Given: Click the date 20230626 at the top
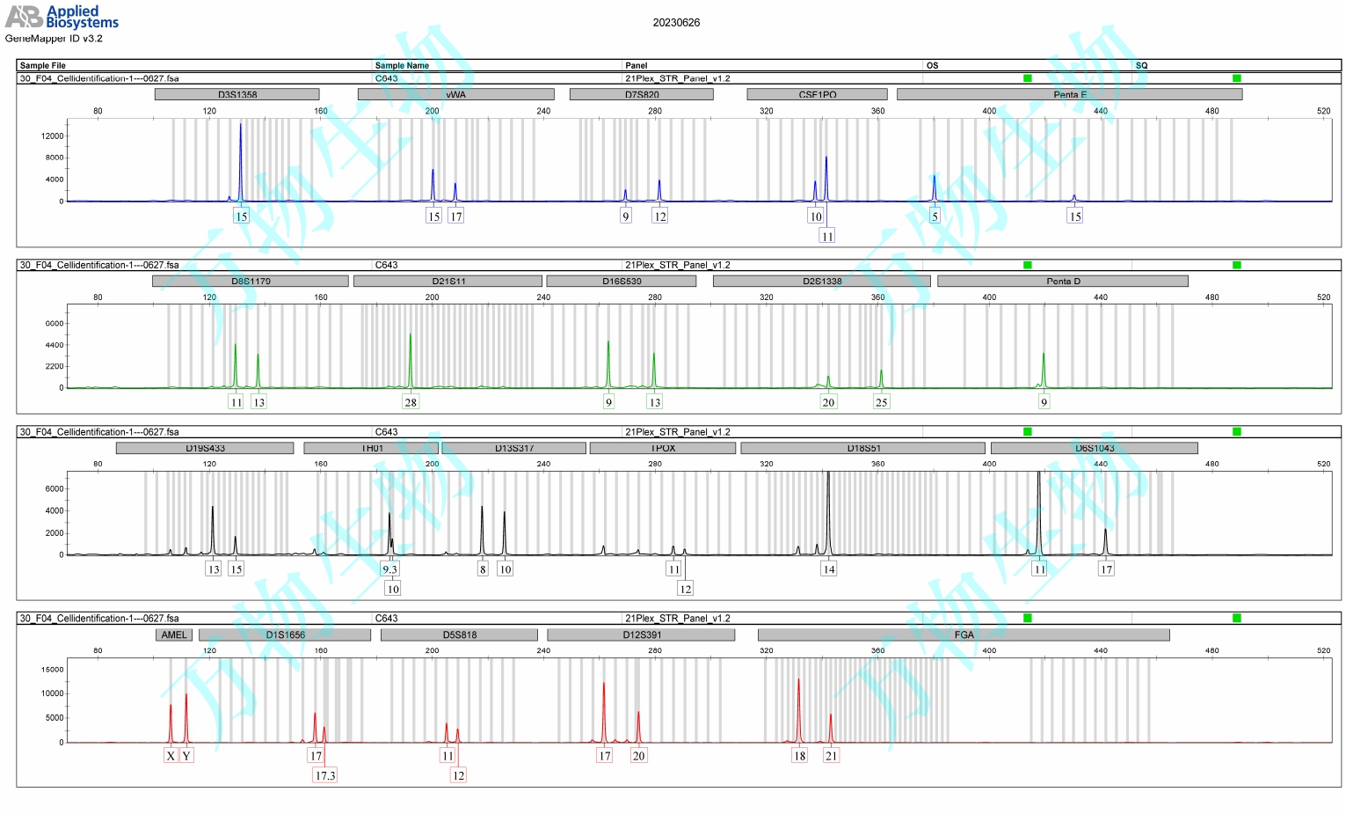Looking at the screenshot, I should click(676, 23).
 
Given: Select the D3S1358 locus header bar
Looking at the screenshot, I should click(237, 94).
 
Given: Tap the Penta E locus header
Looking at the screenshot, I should click(1069, 94).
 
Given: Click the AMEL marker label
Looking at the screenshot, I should click(174, 634).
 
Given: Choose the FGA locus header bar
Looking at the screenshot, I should click(964, 634).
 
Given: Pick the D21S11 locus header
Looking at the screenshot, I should click(448, 281).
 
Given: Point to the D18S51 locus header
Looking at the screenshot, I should click(862, 448).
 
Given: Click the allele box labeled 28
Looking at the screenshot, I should click(411, 402).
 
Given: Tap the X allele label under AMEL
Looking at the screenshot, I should click(171, 756).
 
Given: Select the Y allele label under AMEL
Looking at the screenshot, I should click(186, 756).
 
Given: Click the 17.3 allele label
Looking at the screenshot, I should click(325, 775).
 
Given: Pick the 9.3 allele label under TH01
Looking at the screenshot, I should click(389, 569).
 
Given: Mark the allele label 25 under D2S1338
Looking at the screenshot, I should click(881, 402).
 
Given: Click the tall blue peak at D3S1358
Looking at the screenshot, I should click(241, 158).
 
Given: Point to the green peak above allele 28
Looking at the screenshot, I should click(411, 356).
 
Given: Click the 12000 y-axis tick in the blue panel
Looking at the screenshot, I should click(53, 136).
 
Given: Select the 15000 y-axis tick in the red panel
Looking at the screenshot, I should click(53, 670).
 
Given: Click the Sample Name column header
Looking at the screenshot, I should click(402, 65).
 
